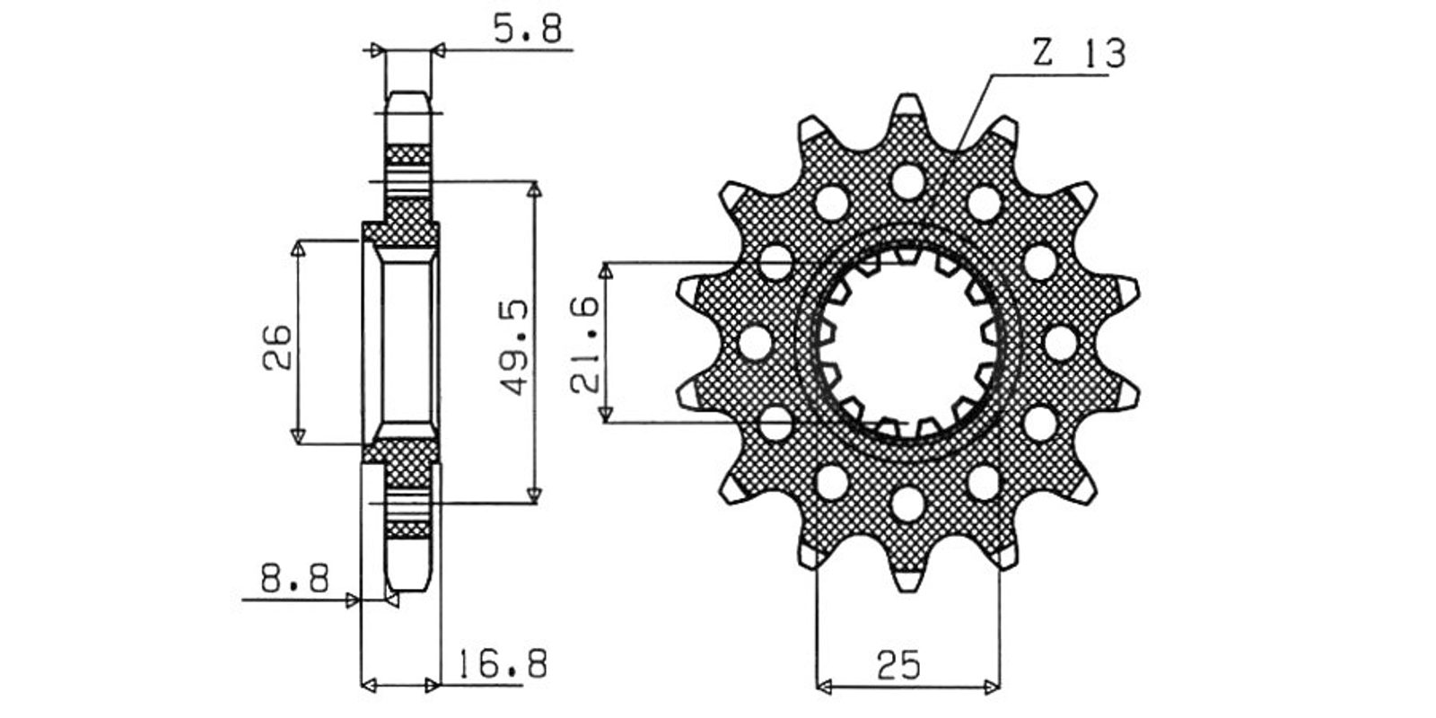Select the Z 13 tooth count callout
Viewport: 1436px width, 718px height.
click(x=1080, y=53)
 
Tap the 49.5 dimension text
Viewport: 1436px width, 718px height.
click(x=515, y=346)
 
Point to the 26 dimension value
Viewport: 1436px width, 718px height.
click(x=277, y=346)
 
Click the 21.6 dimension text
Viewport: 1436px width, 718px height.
click(x=585, y=345)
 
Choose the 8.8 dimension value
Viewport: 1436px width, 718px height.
click(x=295, y=578)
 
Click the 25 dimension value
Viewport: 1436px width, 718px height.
click(x=898, y=665)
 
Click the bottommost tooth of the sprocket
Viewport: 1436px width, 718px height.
click(x=907, y=578)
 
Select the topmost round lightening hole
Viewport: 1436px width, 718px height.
click(x=907, y=182)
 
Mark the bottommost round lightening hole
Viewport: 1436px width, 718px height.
click(x=907, y=503)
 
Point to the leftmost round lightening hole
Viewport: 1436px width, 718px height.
click(x=755, y=343)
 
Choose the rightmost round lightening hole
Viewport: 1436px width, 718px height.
click(x=1060, y=343)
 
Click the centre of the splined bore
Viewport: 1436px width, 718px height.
click(x=907, y=343)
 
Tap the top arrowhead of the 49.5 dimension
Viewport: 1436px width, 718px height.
click(x=534, y=189)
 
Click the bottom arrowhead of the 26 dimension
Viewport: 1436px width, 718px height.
click(x=297, y=435)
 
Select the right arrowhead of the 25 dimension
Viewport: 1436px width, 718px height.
click(x=992, y=687)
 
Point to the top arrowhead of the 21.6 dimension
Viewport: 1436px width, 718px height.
click(x=605, y=270)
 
